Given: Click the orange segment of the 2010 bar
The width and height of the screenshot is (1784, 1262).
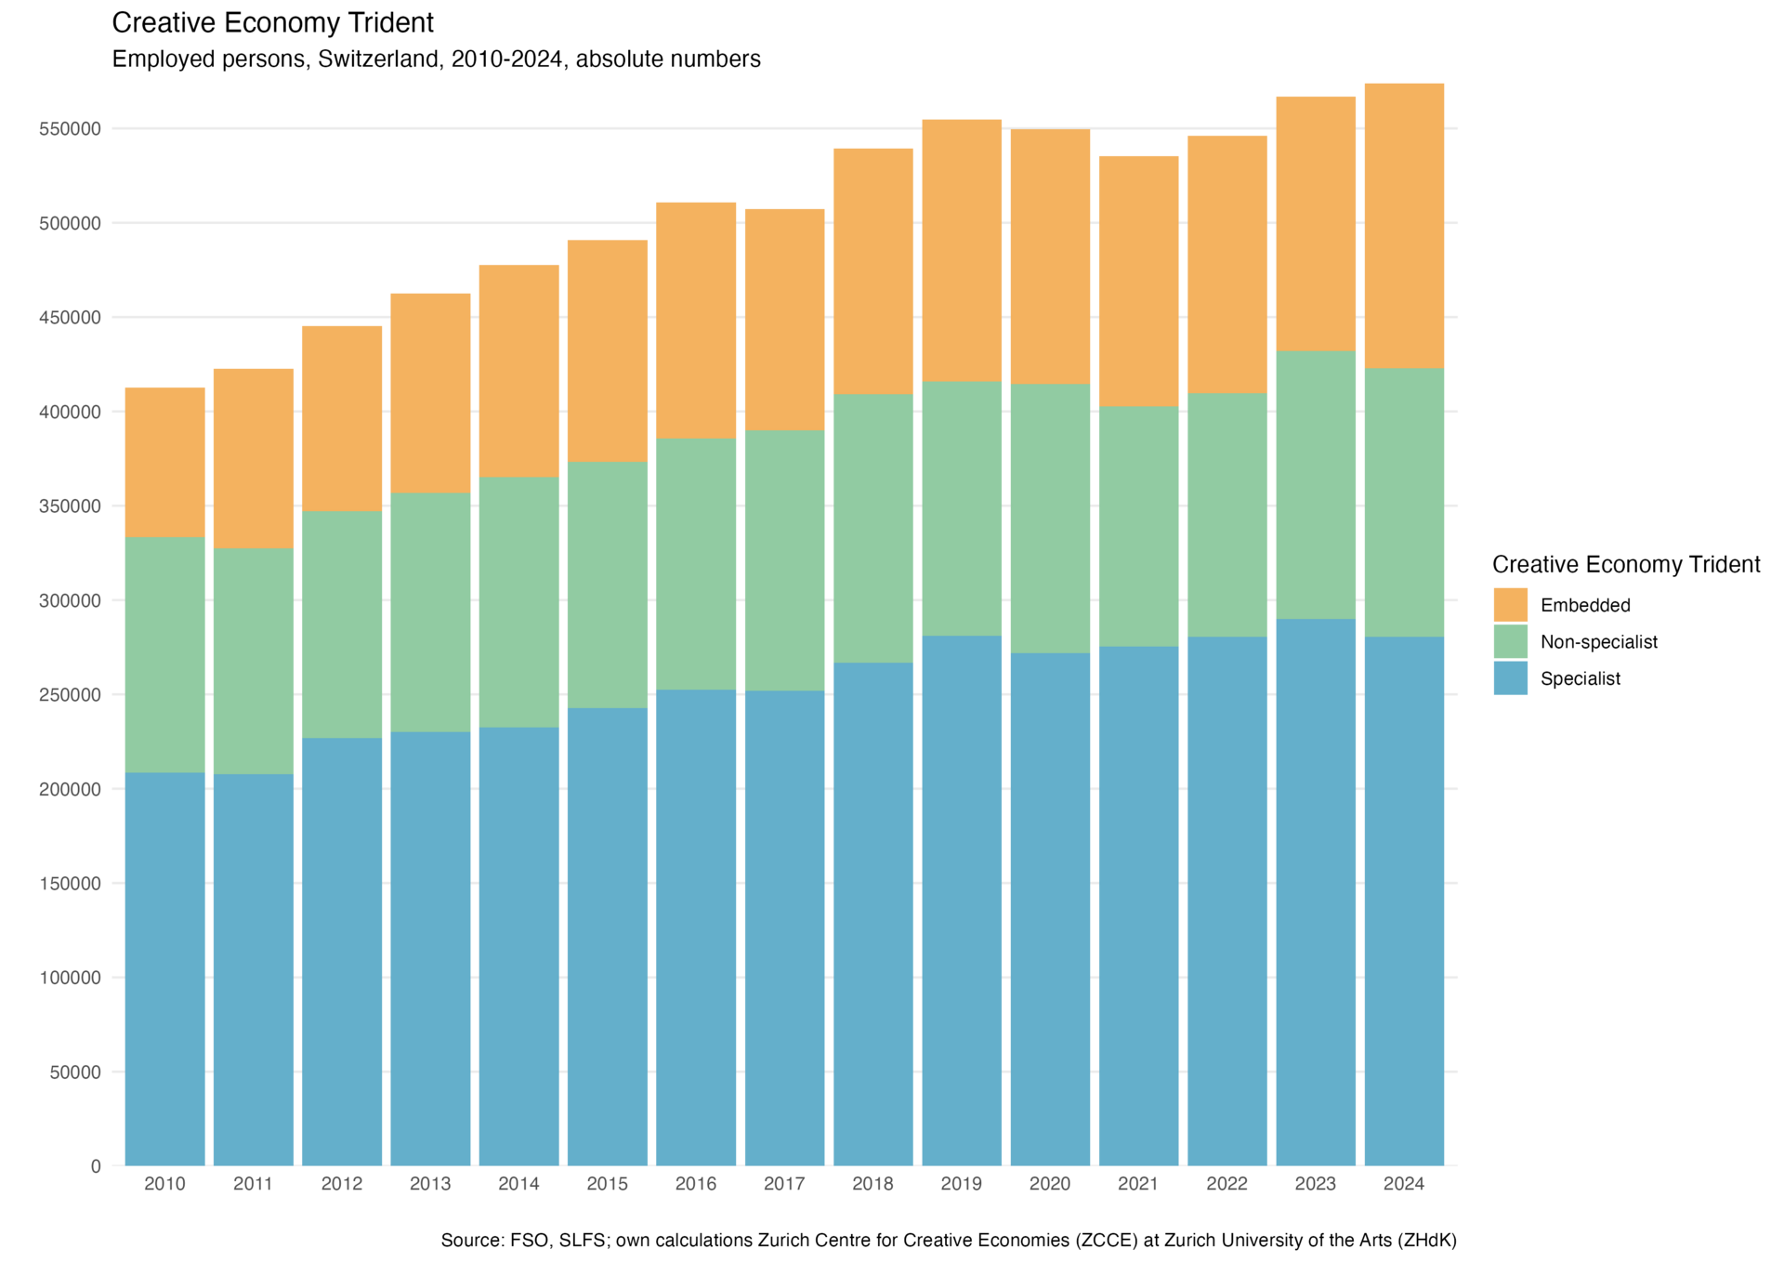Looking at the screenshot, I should pos(164,461).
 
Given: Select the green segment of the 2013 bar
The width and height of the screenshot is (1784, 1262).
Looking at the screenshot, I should pos(430,612).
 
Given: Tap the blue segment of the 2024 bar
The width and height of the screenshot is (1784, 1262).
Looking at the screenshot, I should pos(1404,900).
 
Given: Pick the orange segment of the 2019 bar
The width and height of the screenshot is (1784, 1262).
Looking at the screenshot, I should pos(962,250).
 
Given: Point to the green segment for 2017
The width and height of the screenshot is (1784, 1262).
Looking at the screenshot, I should pos(784,560).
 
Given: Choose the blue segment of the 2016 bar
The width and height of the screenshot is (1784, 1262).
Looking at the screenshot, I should pos(696,927).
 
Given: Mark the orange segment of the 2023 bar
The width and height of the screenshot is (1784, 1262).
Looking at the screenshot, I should pos(1316,223).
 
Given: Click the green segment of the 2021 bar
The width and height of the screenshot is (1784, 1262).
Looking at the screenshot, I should pos(1138,527).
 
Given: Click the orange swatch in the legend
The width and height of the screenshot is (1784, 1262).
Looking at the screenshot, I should pos(1510,605).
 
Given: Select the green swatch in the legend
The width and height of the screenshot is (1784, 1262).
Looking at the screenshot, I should pos(1510,641).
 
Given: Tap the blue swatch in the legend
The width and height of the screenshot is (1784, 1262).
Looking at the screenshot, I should pos(1510,677).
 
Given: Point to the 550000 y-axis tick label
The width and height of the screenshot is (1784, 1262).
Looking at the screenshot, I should pos(70,129).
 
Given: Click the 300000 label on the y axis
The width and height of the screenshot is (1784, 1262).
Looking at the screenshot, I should pos(70,601).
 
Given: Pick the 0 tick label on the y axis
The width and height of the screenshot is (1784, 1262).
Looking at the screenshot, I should pos(96,1166).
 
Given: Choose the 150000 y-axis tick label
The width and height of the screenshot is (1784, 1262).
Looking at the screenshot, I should pos(70,884).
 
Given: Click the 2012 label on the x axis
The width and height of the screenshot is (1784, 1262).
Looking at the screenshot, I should pos(342,1184).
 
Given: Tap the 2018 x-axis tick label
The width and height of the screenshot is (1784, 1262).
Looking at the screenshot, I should pos(873,1184).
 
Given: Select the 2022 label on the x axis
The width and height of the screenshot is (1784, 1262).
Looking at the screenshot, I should pos(1227,1184).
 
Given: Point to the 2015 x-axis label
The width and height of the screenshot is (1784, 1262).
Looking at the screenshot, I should pos(608,1184).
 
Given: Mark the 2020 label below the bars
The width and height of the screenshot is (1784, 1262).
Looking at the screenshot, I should pos(1050,1184).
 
